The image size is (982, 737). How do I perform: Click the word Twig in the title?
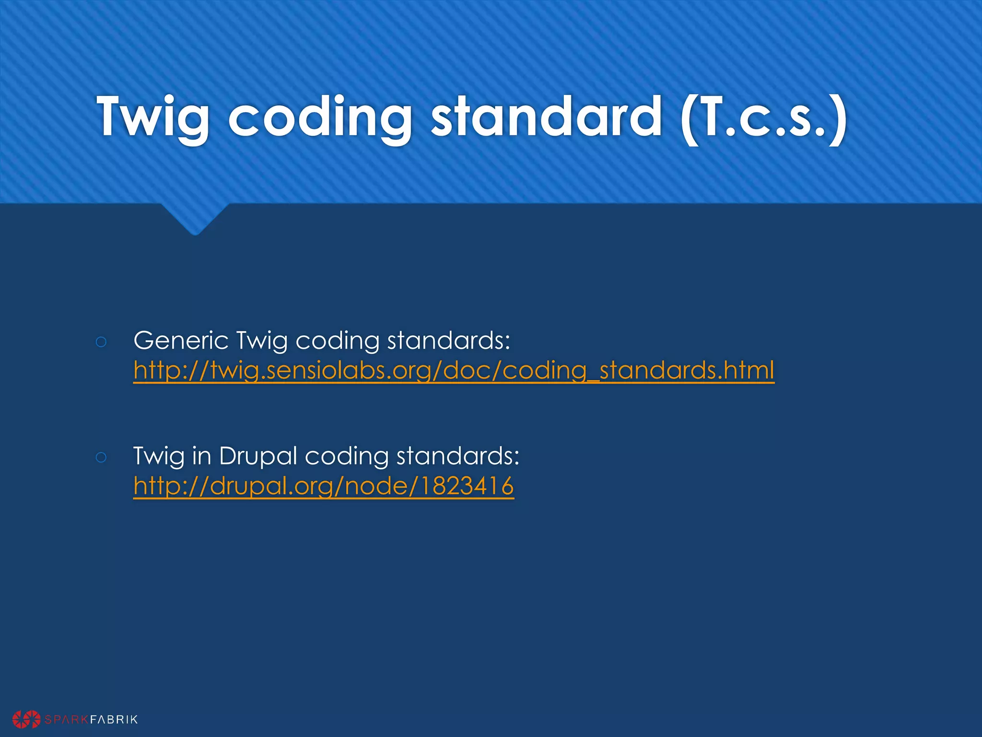[153, 117]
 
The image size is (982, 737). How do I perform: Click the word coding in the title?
[320, 117]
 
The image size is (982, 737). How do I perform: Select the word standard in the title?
[546, 117]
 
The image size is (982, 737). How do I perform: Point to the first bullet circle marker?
[101, 342]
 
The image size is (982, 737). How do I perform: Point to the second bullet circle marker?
[101, 457]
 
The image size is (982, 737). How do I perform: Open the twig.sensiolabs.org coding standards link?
[454, 371]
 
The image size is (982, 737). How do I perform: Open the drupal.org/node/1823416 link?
[324, 486]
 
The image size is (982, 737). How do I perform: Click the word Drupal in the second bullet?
[258, 456]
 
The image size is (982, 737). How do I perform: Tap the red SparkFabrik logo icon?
[26, 719]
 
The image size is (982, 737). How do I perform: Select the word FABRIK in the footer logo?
[114, 719]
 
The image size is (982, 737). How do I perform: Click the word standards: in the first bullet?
[448, 341]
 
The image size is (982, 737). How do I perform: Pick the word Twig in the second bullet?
[159, 457]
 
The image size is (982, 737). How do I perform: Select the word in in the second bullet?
[201, 456]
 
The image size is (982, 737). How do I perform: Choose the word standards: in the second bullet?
[458, 456]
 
